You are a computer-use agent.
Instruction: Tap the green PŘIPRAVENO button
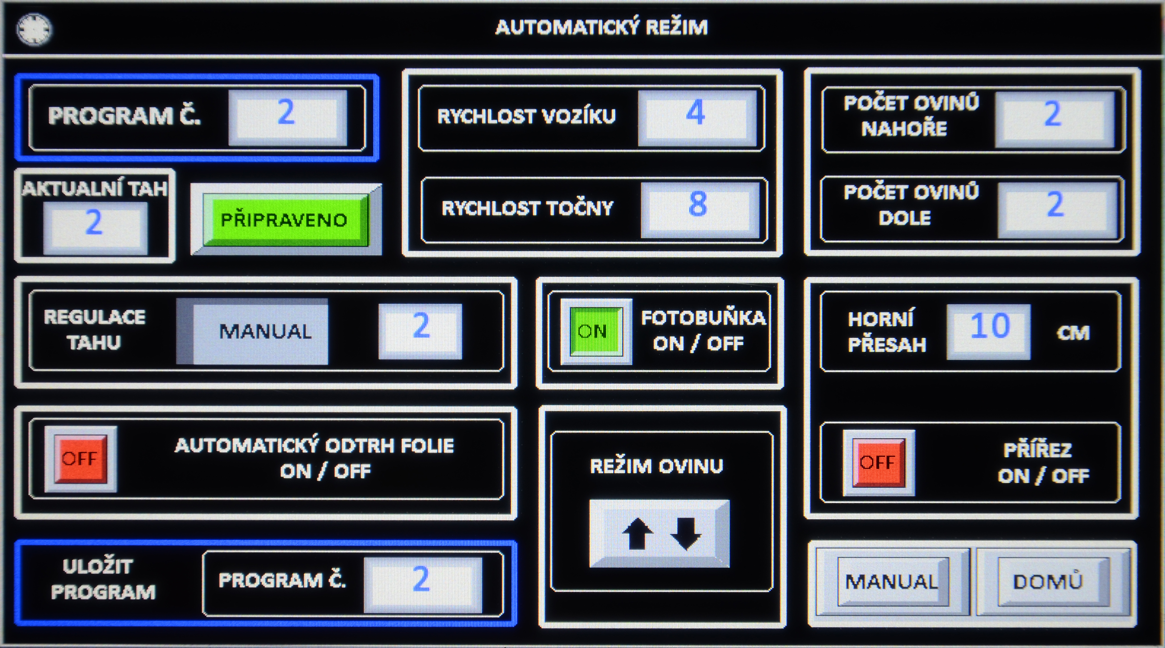click(x=285, y=220)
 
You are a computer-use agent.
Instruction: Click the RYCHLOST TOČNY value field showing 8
click(x=699, y=209)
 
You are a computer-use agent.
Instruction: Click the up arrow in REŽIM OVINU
click(x=638, y=534)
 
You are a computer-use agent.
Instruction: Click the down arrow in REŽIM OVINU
click(x=686, y=534)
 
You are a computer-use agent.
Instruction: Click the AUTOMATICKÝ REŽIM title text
click(x=601, y=27)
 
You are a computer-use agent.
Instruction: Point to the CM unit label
click(x=1073, y=333)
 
